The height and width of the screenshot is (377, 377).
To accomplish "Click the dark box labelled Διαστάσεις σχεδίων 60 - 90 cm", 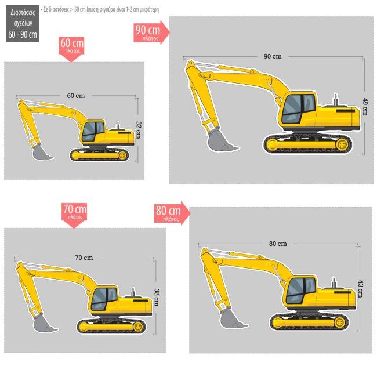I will click(23, 23).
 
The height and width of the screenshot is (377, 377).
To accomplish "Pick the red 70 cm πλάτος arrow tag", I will click(74, 212).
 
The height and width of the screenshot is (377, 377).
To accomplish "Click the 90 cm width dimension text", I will click(272, 56).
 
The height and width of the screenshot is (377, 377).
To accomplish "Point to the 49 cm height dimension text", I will click(365, 106).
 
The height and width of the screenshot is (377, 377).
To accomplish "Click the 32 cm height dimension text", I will click(138, 129).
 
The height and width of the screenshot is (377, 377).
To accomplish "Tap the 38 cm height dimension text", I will click(156, 297).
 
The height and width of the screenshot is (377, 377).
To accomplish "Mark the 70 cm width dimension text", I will click(84, 257).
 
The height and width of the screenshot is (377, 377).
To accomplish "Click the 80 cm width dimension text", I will click(277, 244).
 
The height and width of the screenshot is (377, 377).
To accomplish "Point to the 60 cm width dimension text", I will click(75, 95).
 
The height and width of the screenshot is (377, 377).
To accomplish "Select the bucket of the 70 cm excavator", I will click(45, 322).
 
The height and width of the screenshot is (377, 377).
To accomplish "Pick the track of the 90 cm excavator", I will click(305, 144).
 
